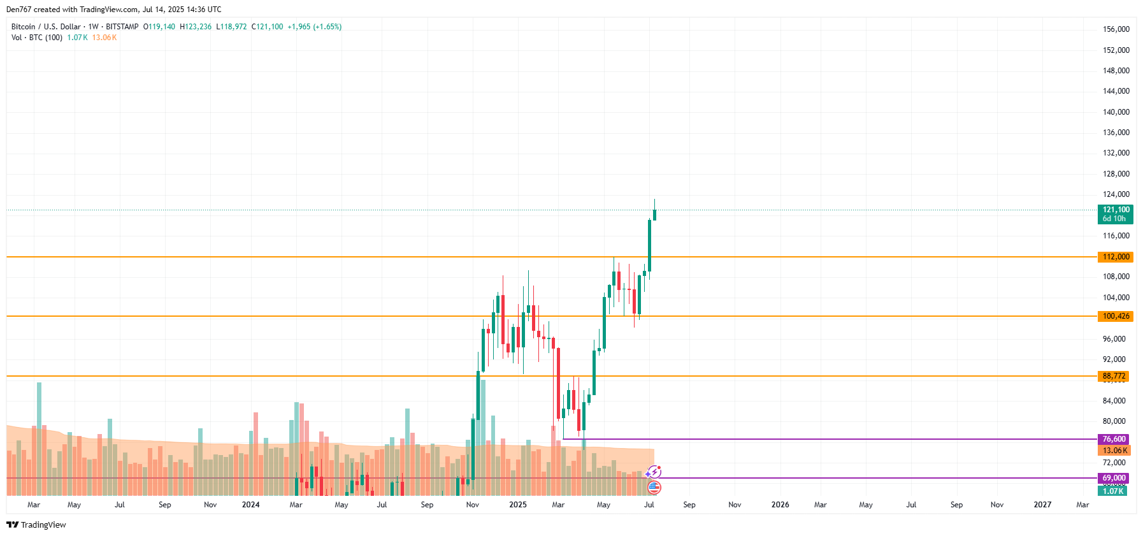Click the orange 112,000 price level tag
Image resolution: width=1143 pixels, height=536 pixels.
point(1115,257)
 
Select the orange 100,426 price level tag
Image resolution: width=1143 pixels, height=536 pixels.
point(1115,316)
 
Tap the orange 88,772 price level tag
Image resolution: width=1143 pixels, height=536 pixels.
point(1113,376)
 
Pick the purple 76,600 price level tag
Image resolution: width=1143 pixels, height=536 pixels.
point(1114,439)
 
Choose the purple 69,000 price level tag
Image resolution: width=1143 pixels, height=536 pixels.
point(1114,478)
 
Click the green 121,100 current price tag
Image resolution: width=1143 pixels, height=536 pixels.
point(1116,214)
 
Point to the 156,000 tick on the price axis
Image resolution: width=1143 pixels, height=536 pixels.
point(1116,29)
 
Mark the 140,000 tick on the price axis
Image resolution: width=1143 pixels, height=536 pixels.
point(1116,112)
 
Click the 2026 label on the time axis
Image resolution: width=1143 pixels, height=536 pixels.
point(780,505)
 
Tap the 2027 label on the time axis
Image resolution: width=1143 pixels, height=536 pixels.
point(1042,505)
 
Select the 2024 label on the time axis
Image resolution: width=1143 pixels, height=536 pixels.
point(250,505)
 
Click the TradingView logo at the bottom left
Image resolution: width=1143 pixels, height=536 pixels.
point(36,525)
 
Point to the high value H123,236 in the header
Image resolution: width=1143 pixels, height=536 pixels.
point(196,27)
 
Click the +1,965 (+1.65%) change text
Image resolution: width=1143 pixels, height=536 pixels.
point(314,27)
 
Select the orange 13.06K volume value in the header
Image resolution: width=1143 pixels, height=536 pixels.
point(104,38)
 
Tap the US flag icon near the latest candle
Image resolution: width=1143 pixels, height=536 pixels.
point(654,488)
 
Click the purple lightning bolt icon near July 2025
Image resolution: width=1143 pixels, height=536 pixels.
point(654,472)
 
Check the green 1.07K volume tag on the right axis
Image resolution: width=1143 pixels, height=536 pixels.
point(1112,491)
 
